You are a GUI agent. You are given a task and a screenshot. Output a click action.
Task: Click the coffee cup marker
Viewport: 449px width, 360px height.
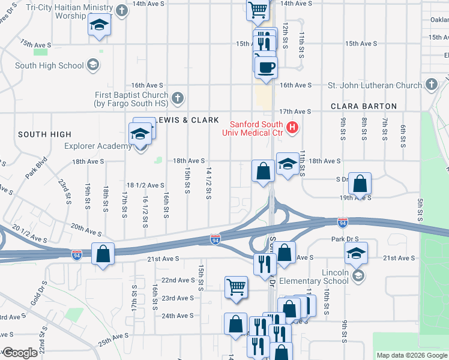(x=266, y=67)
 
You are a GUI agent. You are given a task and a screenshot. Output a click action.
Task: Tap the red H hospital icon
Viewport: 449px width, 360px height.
(x=292, y=127)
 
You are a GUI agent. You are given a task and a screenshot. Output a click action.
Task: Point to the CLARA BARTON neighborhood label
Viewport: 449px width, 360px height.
(x=364, y=106)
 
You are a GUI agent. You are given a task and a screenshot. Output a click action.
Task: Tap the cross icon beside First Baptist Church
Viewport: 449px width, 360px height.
(x=177, y=97)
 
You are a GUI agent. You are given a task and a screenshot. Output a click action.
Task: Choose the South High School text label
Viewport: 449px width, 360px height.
(x=49, y=65)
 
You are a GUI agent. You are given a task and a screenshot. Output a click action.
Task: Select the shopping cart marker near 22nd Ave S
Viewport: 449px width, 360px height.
(x=236, y=287)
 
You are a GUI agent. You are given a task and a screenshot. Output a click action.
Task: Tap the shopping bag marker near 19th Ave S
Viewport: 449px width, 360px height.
(x=360, y=184)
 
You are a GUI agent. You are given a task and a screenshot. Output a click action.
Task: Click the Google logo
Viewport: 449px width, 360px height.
(x=20, y=353)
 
